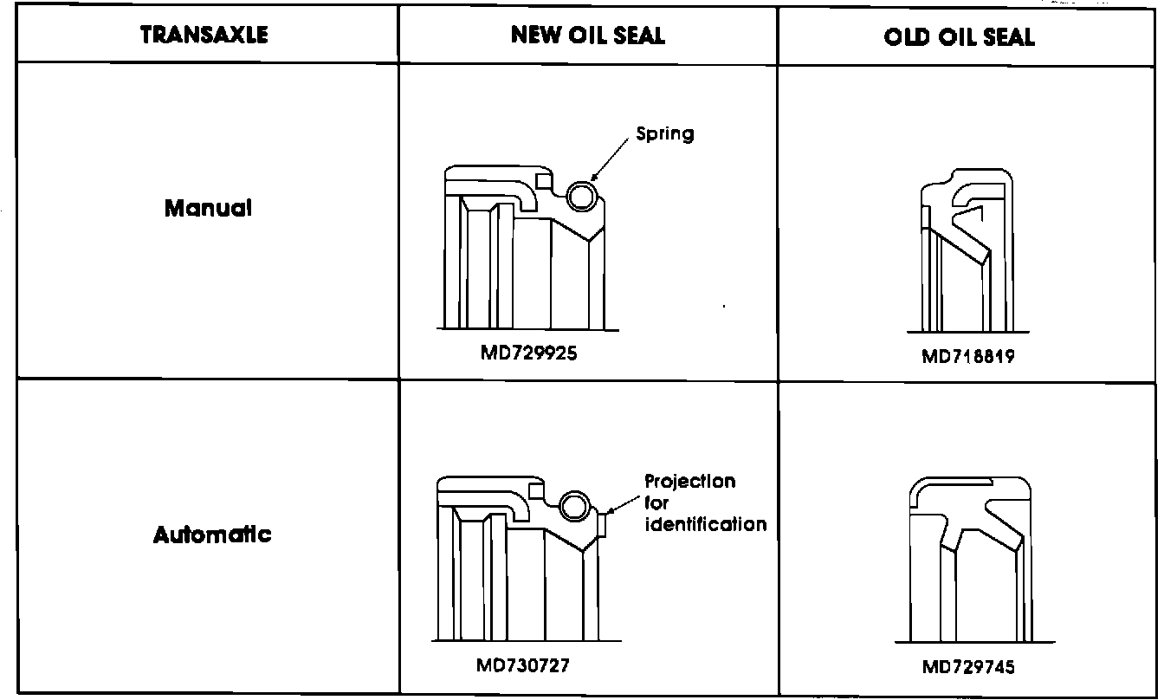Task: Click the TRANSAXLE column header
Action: pyautogui.click(x=204, y=35)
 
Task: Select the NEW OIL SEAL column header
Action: pyautogui.click(x=588, y=35)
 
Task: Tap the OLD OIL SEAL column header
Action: pyautogui.click(x=960, y=36)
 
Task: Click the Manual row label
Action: pyautogui.click(x=208, y=209)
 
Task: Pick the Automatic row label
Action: pyautogui.click(x=212, y=535)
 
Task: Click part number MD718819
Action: pyautogui.click(x=967, y=357)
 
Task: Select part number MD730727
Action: pyautogui.click(x=522, y=665)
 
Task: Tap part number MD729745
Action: pyautogui.click(x=967, y=667)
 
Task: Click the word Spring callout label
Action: pyautogui.click(x=665, y=134)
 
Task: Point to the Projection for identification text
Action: pyautogui.click(x=705, y=502)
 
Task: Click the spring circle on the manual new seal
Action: pyautogui.click(x=581, y=197)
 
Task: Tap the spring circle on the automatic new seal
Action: pyautogui.click(x=573, y=505)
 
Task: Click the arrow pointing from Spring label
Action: pyautogui.click(x=612, y=159)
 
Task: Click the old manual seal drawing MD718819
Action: pyautogui.click(x=966, y=251)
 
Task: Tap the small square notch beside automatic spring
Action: pyautogui.click(x=536, y=492)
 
